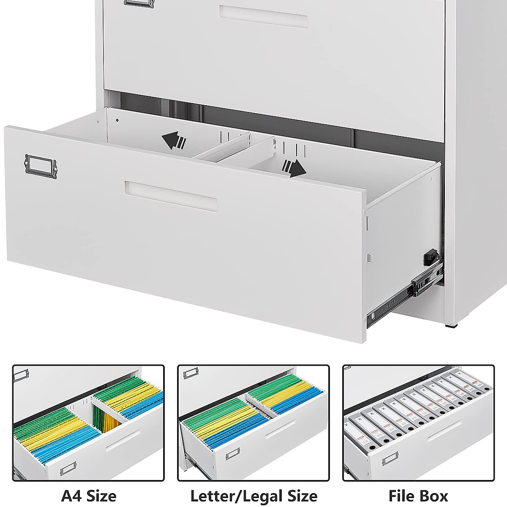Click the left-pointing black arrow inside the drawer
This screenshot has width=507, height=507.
pos(174,141)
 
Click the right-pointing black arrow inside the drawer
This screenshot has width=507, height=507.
pos(294,168)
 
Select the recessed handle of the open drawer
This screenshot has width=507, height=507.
pos(171,196)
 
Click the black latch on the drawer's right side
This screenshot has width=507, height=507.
pos(429,256)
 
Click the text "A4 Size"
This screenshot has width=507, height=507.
pos(88,495)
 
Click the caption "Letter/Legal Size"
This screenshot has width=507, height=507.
pos(253,495)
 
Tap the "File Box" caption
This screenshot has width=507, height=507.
pos(418,495)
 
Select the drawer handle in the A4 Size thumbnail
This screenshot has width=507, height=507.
pos(123,440)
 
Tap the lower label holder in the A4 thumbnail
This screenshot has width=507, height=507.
pos(68,468)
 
